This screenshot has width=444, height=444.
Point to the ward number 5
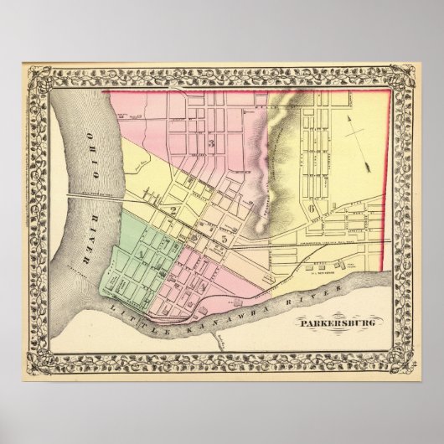tap(225, 240)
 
